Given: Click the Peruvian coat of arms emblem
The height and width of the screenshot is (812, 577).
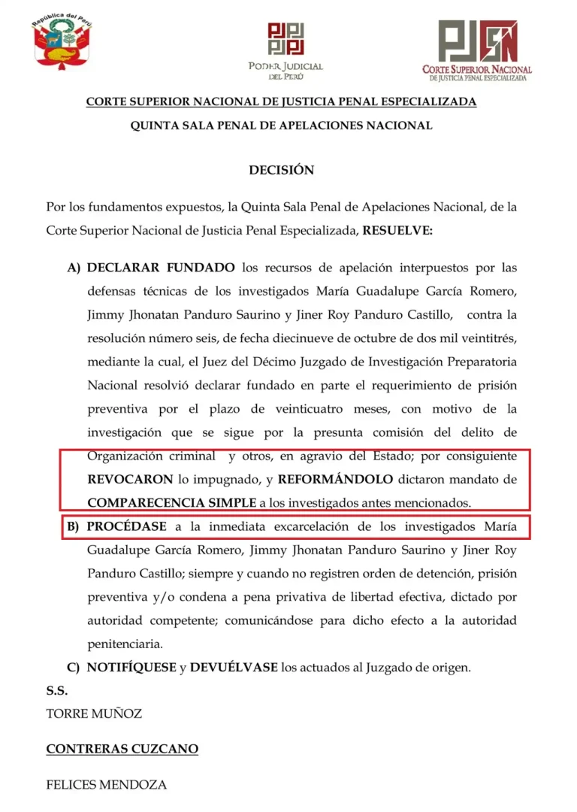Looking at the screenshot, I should tap(62, 44).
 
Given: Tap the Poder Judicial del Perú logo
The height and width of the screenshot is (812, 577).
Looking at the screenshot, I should tap(285, 49).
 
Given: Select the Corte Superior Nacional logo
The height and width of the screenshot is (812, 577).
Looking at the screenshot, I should tap(477, 49).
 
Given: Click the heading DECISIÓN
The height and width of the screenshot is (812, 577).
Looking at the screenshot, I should tap(282, 170).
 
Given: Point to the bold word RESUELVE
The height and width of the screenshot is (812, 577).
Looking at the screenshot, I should tap(397, 230).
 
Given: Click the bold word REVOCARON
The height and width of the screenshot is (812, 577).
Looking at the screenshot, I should tap(124, 478).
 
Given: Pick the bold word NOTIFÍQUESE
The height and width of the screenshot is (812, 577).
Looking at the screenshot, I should tap(131, 667).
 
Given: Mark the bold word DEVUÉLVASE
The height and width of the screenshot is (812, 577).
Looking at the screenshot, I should tap(234, 667).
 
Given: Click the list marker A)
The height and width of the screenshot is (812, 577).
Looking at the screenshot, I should tap(74, 268).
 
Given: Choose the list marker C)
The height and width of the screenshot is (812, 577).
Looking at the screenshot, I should tap(74, 667).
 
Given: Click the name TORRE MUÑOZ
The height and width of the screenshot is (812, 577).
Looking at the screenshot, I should tap(94, 714).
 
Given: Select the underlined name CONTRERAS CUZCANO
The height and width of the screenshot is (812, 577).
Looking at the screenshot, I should tap(122, 749).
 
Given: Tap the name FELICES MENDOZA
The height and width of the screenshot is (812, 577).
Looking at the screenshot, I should tap(106, 785).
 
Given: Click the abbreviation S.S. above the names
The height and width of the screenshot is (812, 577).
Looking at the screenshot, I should tap(57, 690).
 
